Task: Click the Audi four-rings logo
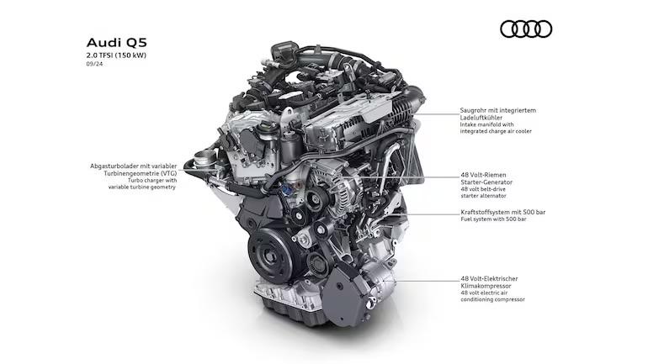point(526,29)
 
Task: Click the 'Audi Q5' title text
point(116,43)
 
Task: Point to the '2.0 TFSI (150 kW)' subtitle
point(116,55)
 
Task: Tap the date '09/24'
point(94,64)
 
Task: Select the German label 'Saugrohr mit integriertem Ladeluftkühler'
point(498,113)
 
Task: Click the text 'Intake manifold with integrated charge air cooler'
point(496,128)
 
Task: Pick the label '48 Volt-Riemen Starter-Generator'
point(486,178)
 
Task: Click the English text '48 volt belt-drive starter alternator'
point(484,193)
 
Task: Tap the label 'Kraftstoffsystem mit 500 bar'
point(503,212)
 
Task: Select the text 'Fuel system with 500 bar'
point(493,219)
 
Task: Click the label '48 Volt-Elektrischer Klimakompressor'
point(489,282)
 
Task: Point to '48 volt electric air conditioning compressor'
point(492,296)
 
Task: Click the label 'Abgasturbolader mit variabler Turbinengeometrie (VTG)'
point(134,170)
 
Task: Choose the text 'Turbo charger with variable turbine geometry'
point(142,183)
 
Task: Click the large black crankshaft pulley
point(271,256)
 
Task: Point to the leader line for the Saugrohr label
point(436,113)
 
